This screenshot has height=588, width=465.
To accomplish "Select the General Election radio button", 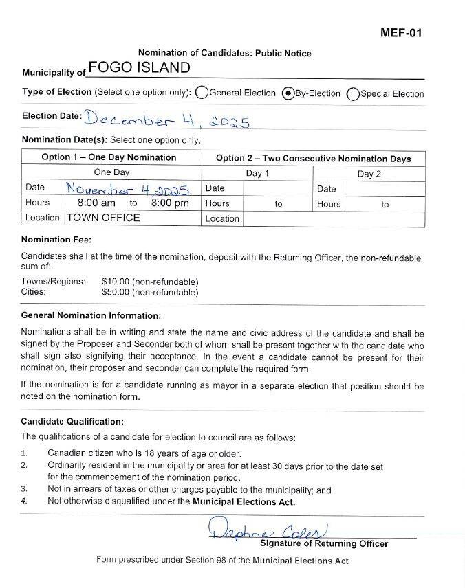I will (x=202, y=93).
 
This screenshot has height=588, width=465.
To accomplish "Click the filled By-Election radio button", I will (x=288, y=93).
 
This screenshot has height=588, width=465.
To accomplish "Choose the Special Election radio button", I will (x=353, y=93).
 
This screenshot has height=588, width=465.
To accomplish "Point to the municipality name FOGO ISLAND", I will (x=139, y=67).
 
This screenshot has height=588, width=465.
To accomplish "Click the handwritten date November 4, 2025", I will (x=127, y=188).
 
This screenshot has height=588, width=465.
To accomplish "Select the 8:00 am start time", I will (x=96, y=203).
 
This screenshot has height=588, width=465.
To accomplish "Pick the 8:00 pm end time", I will (x=169, y=203).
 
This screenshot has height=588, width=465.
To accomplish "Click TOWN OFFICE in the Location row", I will (x=103, y=218).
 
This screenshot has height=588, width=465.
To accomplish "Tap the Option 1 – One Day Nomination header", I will (x=109, y=157).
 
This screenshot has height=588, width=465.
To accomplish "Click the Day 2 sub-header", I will (x=369, y=174).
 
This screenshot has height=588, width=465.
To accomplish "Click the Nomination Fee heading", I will (x=56, y=240).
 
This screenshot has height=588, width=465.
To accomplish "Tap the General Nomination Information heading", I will (x=91, y=315).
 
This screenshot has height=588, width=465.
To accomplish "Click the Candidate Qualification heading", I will (x=72, y=421).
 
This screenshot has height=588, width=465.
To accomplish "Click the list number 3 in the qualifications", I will (x=24, y=490).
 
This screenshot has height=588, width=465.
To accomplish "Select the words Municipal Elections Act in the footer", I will (x=301, y=561).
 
